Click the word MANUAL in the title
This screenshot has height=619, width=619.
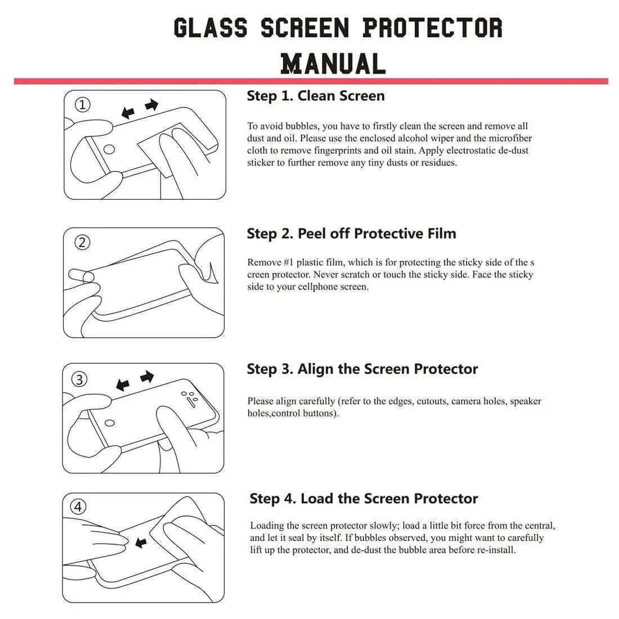[x=333, y=63]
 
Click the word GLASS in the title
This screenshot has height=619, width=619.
[x=210, y=28]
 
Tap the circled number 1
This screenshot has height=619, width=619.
[x=83, y=105]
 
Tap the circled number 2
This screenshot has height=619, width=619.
[x=82, y=243]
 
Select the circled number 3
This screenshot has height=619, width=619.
[x=79, y=379]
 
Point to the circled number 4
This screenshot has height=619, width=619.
[x=78, y=507]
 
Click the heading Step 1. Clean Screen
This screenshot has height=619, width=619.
[x=316, y=96]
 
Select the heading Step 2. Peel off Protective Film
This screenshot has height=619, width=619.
[x=351, y=234]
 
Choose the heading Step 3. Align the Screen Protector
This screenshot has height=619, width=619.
[x=362, y=369]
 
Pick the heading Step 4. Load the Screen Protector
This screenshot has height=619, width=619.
[x=364, y=499]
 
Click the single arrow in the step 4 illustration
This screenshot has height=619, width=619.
[x=141, y=542]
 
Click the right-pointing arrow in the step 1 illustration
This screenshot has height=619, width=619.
[x=151, y=105]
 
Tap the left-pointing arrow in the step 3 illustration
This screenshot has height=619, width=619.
[x=122, y=385]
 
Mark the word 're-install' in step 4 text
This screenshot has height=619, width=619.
[x=495, y=550]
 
